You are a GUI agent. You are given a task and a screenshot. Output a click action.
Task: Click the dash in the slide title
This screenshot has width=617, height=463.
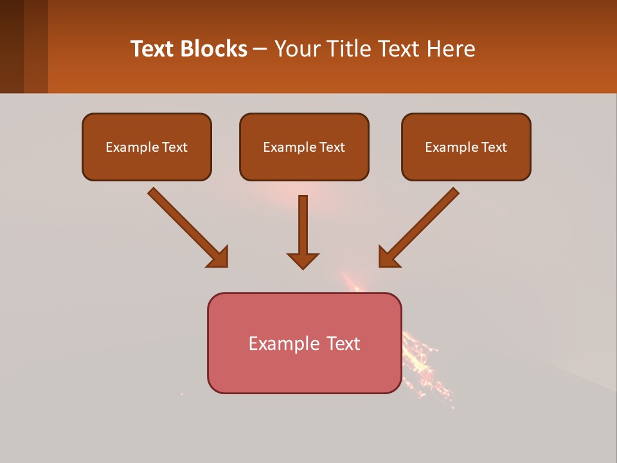(260, 50)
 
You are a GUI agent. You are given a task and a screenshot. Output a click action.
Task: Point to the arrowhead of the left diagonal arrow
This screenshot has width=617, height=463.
(219, 257)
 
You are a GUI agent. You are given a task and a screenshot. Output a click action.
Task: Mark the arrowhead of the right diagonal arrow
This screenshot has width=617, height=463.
(388, 257)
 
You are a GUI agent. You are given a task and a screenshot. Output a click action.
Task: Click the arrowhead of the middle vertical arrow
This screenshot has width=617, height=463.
(303, 260)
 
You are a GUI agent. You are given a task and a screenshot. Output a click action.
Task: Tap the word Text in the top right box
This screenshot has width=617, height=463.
(494, 147)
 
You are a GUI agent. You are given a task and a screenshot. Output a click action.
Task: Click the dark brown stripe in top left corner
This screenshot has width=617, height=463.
(12, 46)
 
